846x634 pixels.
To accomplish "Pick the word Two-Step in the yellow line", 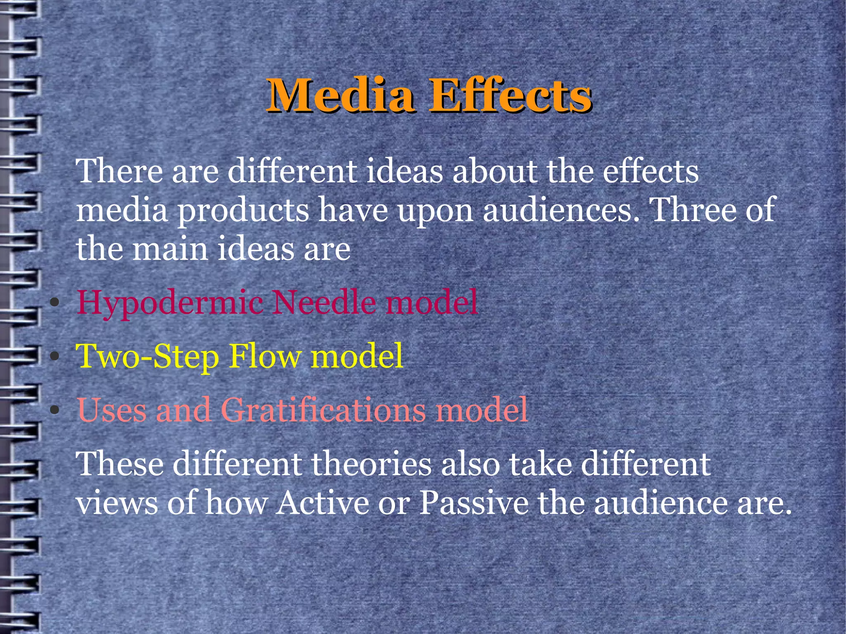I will tap(147, 356).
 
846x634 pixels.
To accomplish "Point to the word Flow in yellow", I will tap(265, 356).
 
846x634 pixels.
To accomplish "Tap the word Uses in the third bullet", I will tap(112, 410).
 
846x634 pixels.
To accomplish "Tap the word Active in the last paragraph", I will tap(323, 503).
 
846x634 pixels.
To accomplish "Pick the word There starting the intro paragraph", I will tap(119, 171).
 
